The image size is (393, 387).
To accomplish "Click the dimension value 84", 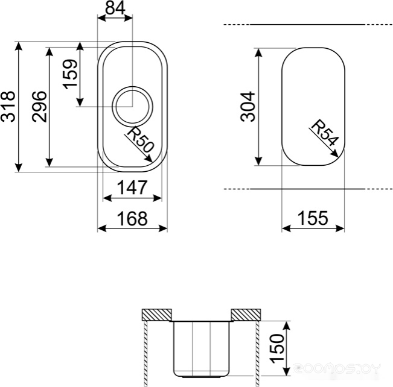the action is click(115, 8).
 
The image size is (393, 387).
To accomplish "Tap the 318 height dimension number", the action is click(8, 107).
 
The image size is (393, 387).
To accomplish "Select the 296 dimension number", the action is click(39, 107).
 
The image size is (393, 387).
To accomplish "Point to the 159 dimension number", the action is click(70, 74).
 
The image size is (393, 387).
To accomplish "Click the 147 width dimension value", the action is click(132, 187).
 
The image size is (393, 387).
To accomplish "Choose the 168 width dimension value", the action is click(132, 218).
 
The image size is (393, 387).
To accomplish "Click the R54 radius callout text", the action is click(325, 133).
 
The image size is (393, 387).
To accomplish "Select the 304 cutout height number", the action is click(248, 107).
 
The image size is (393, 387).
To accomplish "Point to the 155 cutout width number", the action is click(313, 218).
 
